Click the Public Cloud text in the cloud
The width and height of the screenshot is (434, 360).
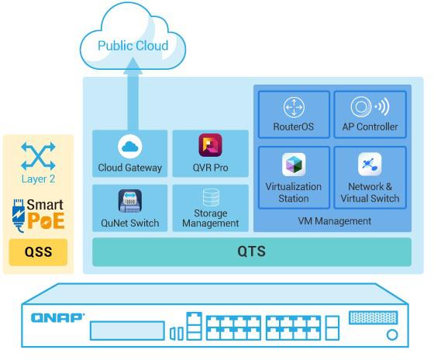tap(133, 46)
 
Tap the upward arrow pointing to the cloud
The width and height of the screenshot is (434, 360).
tap(133, 94)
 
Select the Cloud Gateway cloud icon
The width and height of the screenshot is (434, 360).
tap(130, 147)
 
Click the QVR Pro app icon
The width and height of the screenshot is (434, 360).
tap(210, 145)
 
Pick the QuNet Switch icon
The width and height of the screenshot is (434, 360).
tap(130, 201)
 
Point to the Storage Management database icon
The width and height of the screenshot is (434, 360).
tap(211, 197)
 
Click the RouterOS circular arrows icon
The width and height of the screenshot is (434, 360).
tap(294, 107)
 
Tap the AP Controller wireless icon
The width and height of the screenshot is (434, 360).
tap(370, 106)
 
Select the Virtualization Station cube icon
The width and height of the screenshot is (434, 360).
tap(294, 164)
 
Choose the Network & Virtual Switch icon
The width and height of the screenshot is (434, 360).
tap(370, 164)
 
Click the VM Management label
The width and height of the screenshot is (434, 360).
tap(334, 221)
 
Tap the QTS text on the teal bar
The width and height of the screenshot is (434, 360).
tap(251, 251)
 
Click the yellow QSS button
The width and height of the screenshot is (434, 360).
tap(38, 252)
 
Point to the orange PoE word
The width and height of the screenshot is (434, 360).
tap(46, 221)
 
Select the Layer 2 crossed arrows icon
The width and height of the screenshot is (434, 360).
tap(38, 156)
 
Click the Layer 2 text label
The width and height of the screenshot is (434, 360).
tap(38, 179)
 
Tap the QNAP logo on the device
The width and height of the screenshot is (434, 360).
tap(57, 318)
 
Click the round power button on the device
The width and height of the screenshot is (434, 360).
tap(392, 334)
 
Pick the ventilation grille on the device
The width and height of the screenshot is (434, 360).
tap(374, 317)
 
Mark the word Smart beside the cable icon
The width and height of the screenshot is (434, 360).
tap(45, 205)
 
